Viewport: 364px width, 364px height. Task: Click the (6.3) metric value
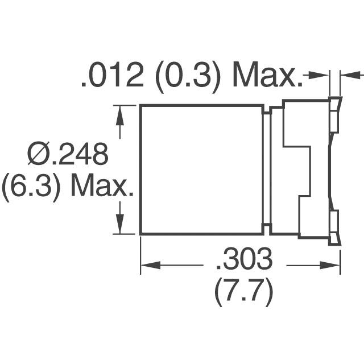(31, 187)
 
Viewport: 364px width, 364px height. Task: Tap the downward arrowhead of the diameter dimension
(119, 226)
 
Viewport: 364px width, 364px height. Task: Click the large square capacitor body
(201, 169)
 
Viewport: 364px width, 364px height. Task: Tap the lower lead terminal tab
(334, 225)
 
